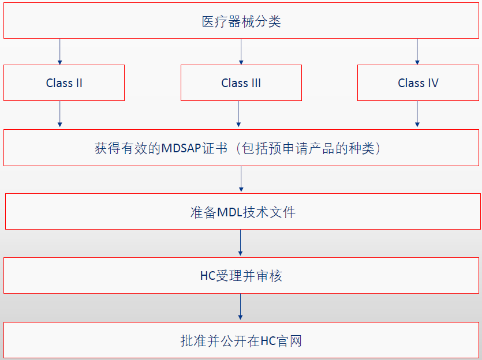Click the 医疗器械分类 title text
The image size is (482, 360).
tap(241, 22)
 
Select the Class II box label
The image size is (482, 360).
tap(64, 83)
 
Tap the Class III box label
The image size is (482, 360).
tap(241, 83)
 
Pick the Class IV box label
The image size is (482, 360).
tap(418, 83)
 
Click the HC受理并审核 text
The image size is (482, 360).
tap(241, 276)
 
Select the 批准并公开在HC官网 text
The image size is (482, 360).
tap(241, 341)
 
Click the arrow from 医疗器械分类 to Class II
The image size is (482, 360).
tap(59, 51)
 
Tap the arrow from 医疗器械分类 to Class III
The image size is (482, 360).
tap(241, 51)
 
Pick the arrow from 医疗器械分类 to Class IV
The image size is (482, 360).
tap(417, 51)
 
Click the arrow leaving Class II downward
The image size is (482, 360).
tap(59, 114)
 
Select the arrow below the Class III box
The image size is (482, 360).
tap(238, 114)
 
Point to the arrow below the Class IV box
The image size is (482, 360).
tap(417, 114)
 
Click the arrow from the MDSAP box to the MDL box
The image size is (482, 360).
tap(241, 179)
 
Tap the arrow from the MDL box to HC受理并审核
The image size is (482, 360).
tap(241, 243)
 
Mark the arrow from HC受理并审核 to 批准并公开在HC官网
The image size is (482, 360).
tap(241, 307)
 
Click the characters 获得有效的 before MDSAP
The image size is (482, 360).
tap(128, 149)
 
